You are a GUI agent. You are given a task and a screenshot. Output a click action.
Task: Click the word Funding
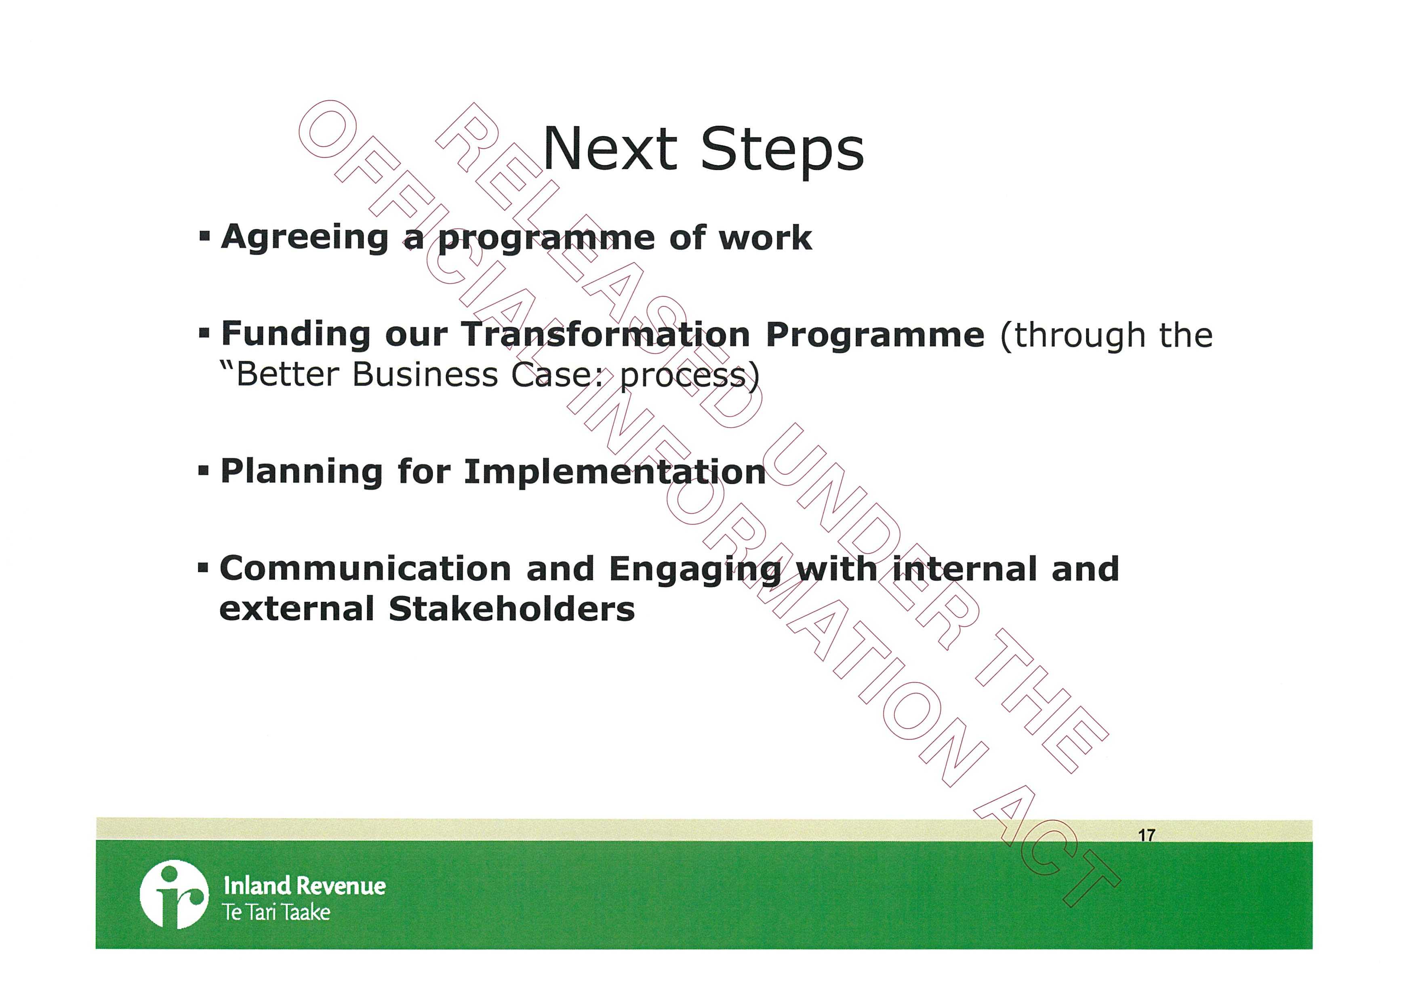pyautogui.click(x=296, y=335)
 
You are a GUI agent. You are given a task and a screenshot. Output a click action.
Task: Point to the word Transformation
pyautogui.click(x=605, y=334)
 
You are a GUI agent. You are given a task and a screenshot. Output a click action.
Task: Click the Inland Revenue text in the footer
pyautogui.click(x=305, y=886)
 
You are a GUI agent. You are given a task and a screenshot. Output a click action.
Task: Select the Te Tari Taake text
pyautogui.click(x=277, y=912)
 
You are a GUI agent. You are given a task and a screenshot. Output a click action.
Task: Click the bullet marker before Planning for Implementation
pyautogui.click(x=204, y=472)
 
